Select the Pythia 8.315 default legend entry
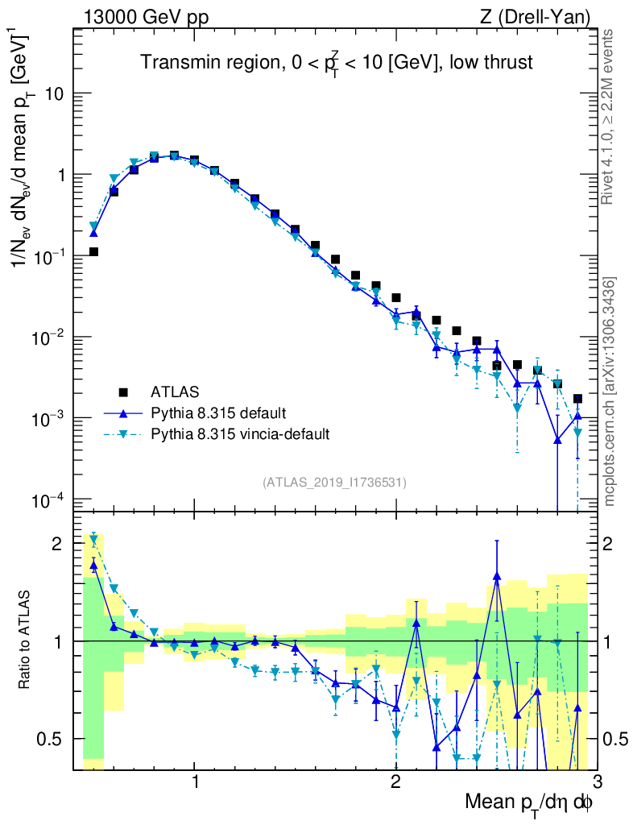[x=217, y=413]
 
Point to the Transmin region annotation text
[x=337, y=64]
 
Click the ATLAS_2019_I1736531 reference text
[x=334, y=483]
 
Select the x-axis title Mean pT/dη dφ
[x=529, y=802]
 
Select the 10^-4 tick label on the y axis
[x=48, y=501]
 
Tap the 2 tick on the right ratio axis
[x=614, y=544]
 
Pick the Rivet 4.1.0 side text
[x=610, y=117]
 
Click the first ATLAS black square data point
[x=93, y=252]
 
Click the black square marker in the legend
[x=123, y=392]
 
